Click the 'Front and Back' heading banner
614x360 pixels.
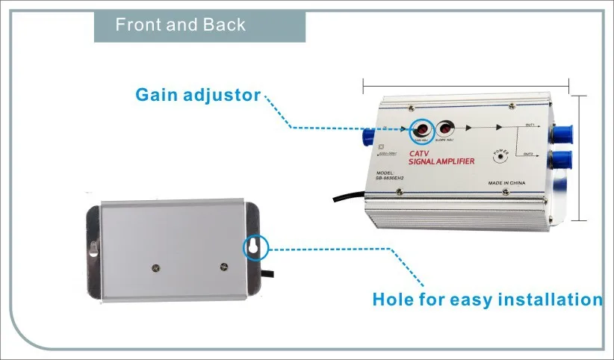180,25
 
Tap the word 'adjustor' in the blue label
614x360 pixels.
223,95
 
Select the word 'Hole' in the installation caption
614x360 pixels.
394,300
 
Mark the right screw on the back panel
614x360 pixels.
224,266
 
